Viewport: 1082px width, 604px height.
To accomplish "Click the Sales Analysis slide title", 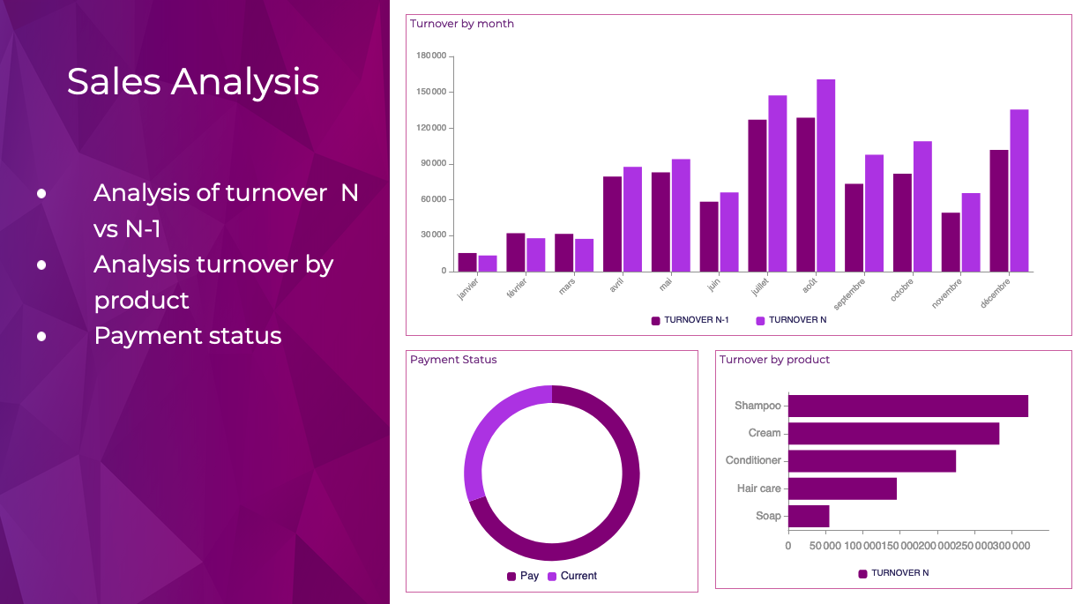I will pos(192,81).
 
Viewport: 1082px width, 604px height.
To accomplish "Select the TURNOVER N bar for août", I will pos(825,175).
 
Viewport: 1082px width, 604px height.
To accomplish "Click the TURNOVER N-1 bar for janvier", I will pos(466,262).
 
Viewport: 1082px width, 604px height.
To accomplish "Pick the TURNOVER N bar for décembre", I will pos(1019,190).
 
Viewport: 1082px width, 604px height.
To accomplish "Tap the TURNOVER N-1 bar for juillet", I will pos(757,195).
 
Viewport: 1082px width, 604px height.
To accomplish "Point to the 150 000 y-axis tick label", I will pos(430,92).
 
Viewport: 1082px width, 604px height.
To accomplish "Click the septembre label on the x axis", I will pos(850,292).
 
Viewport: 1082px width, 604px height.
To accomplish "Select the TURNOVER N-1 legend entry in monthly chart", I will pos(690,320).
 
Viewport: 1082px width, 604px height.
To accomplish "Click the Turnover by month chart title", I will pos(462,24).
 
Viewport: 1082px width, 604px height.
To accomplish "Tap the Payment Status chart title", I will pos(453,360).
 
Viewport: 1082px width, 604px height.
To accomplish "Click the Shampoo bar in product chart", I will pos(907,406).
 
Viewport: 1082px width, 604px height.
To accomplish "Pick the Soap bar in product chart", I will pos(809,516).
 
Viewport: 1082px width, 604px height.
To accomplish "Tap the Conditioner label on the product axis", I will pos(753,460).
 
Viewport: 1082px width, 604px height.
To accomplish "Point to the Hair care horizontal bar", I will pos(842,488).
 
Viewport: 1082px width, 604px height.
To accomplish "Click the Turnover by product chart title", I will pos(774,360).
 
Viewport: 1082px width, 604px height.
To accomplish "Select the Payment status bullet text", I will pos(188,336).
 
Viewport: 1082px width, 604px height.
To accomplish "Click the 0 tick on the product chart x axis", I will pos(788,547).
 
